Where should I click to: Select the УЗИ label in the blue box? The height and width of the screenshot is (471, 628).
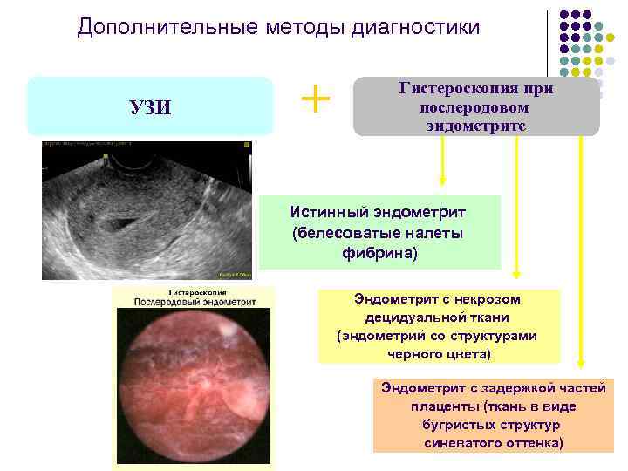pyautogui.click(x=150, y=107)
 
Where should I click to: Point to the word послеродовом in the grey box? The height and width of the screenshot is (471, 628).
pyautogui.click(x=476, y=106)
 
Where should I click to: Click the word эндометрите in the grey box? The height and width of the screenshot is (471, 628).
pyautogui.click(x=476, y=124)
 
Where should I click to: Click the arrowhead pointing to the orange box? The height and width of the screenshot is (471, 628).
pyautogui.click(x=581, y=368)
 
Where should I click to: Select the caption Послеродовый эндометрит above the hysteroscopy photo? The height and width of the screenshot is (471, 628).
pyautogui.click(x=195, y=302)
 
